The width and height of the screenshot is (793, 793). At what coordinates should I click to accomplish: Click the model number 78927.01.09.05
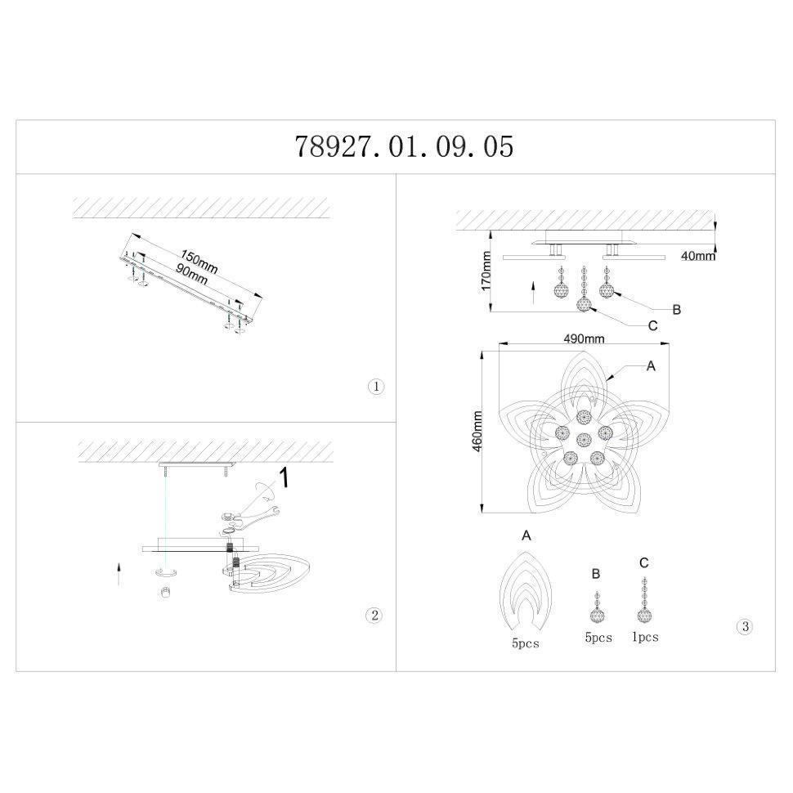pos(404,146)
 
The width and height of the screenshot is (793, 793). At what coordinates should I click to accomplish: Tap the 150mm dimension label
pos(199,262)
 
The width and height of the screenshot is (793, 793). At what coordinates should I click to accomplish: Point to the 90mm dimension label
pos(191,274)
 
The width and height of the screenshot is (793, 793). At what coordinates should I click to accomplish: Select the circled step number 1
pos(376,387)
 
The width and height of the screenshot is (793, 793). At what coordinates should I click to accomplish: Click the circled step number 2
pos(374,616)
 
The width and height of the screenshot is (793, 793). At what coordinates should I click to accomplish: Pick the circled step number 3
pos(745,626)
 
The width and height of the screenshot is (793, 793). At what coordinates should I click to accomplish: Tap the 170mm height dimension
pos(486,271)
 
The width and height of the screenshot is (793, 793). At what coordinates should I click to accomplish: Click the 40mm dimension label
pos(698,256)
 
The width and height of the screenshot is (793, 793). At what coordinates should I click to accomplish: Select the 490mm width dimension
pos(585,338)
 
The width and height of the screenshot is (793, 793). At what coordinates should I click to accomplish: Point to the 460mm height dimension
pos(477,431)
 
